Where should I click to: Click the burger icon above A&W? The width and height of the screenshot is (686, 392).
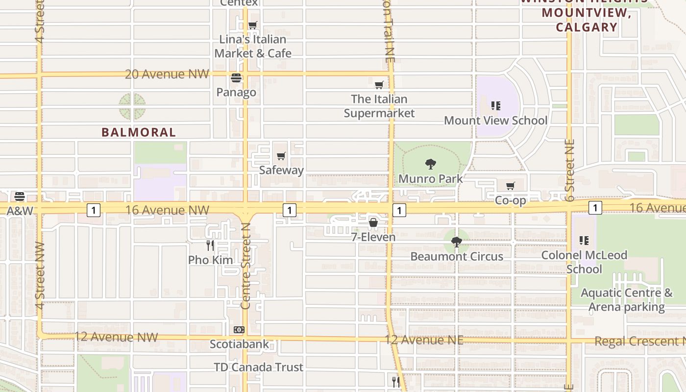20,196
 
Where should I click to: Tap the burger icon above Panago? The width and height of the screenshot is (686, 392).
236,78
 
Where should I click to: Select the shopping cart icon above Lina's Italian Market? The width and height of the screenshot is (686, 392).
253,25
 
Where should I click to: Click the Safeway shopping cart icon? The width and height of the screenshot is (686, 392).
281,156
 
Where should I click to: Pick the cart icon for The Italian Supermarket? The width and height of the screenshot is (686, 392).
379,85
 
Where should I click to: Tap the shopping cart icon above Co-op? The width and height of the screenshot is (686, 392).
511,186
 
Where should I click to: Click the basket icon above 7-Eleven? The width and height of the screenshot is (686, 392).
373,223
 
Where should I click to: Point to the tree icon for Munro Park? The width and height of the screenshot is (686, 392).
431,164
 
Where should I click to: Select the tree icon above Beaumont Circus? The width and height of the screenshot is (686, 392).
457,242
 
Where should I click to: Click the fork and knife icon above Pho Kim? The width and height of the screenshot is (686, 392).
210,245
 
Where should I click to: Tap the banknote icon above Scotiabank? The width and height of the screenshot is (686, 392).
239,330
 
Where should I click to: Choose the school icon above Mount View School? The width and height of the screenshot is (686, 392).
496,106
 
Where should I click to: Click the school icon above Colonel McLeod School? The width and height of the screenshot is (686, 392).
584,241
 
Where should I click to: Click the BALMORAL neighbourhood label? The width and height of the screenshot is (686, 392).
139,132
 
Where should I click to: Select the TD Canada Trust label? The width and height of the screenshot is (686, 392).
259,367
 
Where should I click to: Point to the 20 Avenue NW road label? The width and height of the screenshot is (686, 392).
167,74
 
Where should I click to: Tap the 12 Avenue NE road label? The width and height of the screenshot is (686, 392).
424,340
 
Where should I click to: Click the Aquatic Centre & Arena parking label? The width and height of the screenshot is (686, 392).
627,300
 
